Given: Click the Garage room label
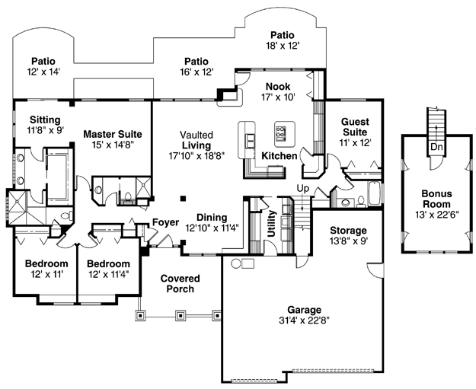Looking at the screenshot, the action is click(304, 310).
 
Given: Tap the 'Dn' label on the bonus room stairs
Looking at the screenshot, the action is click(436, 147).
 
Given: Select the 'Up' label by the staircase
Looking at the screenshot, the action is click(302, 189).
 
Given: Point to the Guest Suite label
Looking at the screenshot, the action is click(355, 127).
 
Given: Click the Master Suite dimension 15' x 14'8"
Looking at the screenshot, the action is click(113, 145).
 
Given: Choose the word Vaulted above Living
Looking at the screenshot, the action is click(196, 135).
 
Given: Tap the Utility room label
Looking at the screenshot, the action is click(271, 224).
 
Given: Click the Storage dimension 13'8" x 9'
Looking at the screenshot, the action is click(349, 241).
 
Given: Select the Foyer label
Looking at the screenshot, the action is click(166, 222).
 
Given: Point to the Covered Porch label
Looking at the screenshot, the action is click(180, 283).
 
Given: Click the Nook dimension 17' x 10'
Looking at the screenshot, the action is click(279, 97).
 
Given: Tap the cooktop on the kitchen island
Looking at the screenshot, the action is click(281, 132).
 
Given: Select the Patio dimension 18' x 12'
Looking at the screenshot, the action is click(283, 46).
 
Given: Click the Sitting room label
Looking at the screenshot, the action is click(45, 120).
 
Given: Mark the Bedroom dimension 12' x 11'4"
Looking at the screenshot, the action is click(109, 274).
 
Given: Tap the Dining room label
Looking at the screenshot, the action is click(212, 217).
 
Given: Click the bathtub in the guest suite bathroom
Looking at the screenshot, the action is click(374, 193).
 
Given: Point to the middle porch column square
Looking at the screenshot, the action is click(180, 316).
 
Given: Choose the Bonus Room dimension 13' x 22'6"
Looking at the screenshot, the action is click(437, 215).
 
